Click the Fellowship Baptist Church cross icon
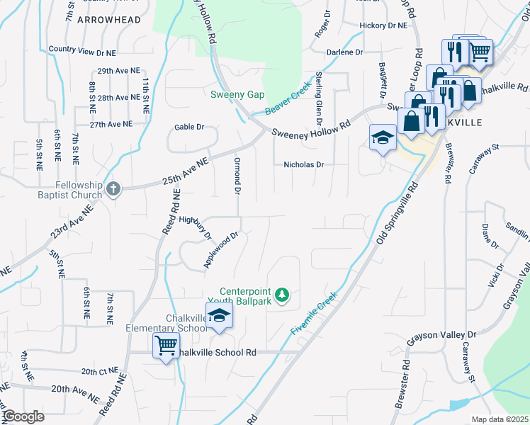point(113,188)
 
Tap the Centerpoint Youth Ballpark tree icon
point(282,294)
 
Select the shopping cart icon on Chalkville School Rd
point(166,346)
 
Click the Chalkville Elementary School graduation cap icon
point(219,316)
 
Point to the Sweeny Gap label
point(237,94)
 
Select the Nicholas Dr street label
point(303,164)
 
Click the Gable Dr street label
point(189,127)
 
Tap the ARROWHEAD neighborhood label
point(108,20)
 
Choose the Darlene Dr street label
point(344,52)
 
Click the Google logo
point(23,416)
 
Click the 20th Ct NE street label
point(98,371)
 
